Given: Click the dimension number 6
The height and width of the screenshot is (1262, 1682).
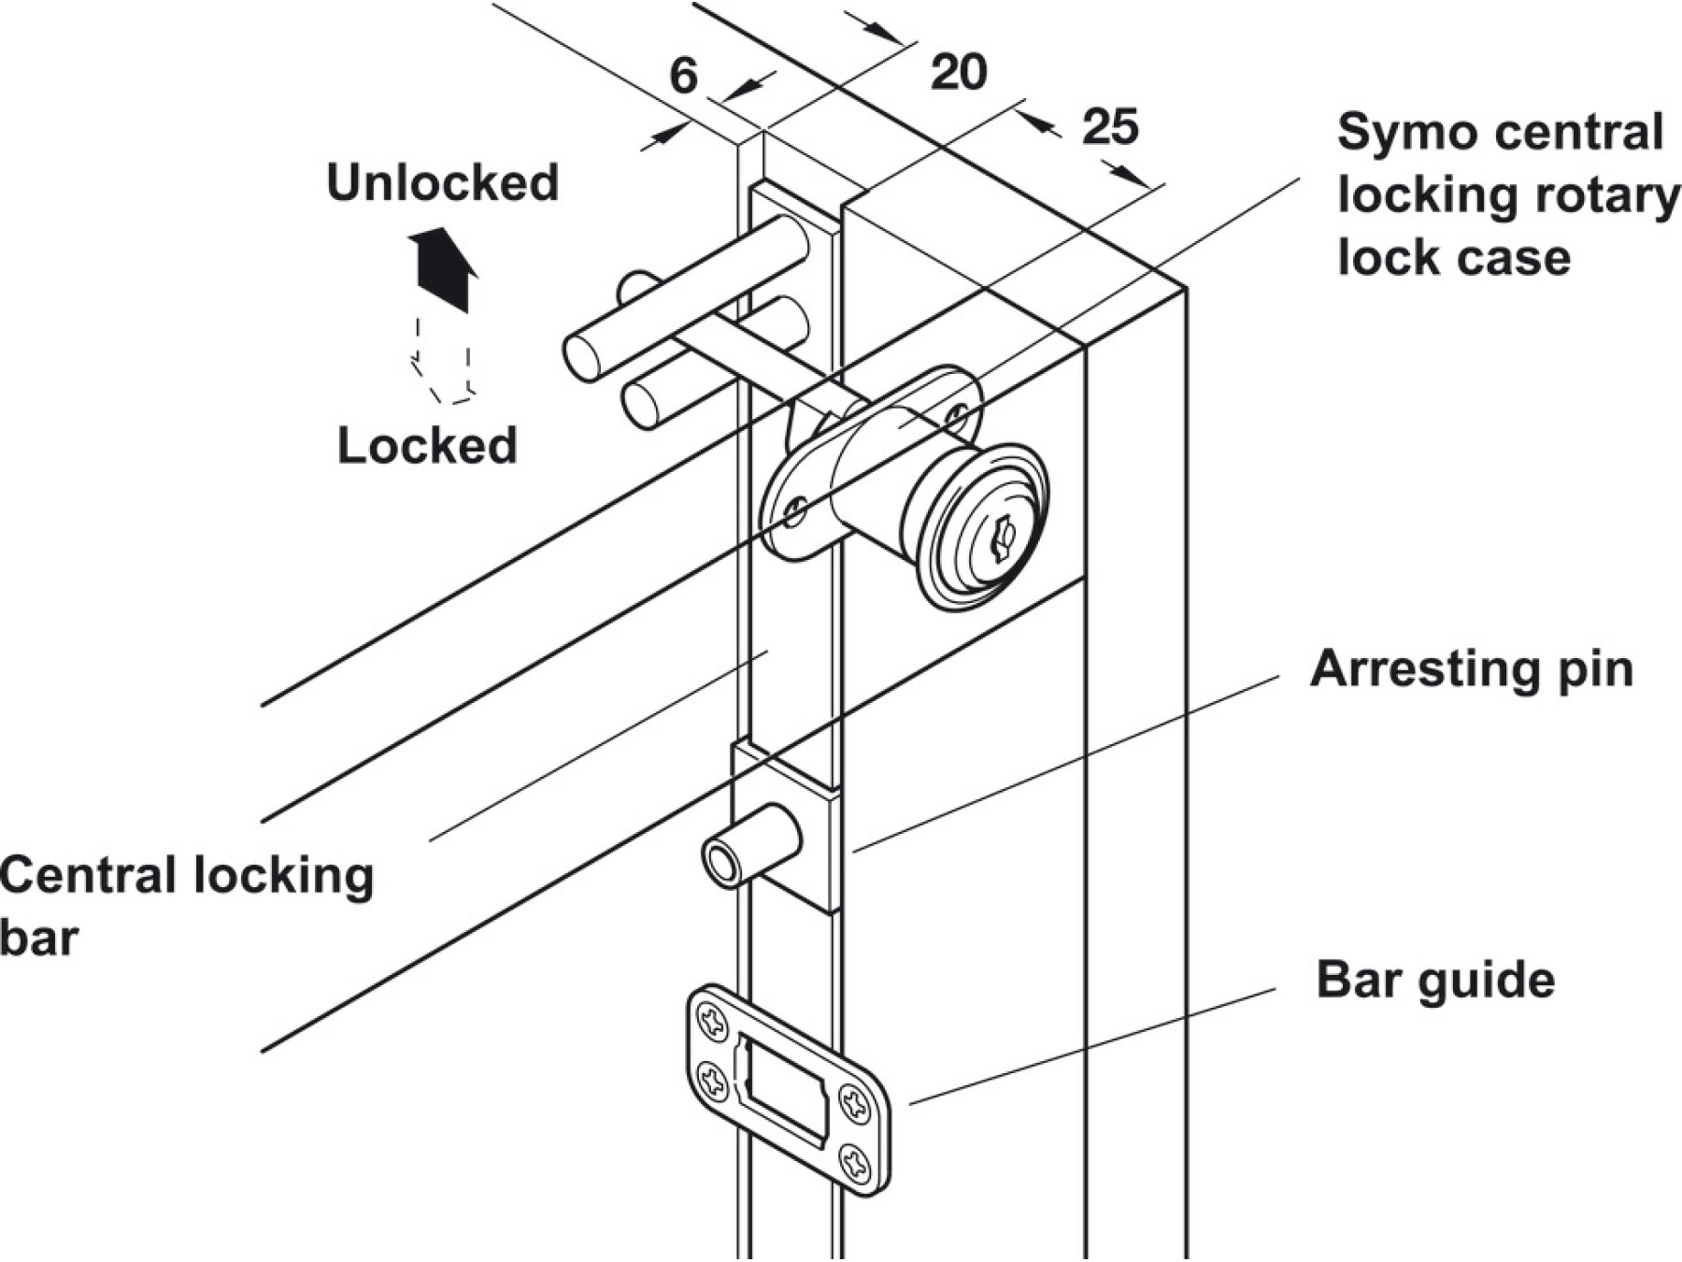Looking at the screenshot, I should pyautogui.click(x=683, y=76).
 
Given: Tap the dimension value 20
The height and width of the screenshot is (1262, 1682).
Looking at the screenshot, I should pyautogui.click(x=958, y=72).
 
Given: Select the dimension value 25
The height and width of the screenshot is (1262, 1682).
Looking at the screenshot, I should pyautogui.click(x=1110, y=127).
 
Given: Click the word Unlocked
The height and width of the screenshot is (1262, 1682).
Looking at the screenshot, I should pyautogui.click(x=442, y=182).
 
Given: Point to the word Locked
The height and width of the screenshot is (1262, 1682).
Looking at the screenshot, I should pyautogui.click(x=427, y=445).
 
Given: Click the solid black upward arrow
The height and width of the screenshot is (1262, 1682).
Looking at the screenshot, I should pyautogui.click(x=444, y=267).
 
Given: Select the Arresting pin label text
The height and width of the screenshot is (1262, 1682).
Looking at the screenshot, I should pyautogui.click(x=1471, y=669).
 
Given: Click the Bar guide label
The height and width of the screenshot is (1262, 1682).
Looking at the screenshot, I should pyautogui.click(x=1435, y=980).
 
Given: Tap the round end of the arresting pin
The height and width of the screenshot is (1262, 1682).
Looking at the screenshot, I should pyautogui.click(x=721, y=863).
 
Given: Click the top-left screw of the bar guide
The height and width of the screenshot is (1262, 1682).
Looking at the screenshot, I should pyautogui.click(x=713, y=1021).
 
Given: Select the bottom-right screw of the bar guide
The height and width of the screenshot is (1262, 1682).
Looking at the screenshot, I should pyautogui.click(x=855, y=1163).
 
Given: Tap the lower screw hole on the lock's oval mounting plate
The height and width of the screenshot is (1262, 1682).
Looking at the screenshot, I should pyautogui.click(x=795, y=510).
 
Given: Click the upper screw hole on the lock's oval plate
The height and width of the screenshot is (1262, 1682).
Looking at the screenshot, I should pyautogui.click(x=957, y=412).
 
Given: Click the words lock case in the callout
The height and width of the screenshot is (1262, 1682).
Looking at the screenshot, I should pyautogui.click(x=1454, y=257).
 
